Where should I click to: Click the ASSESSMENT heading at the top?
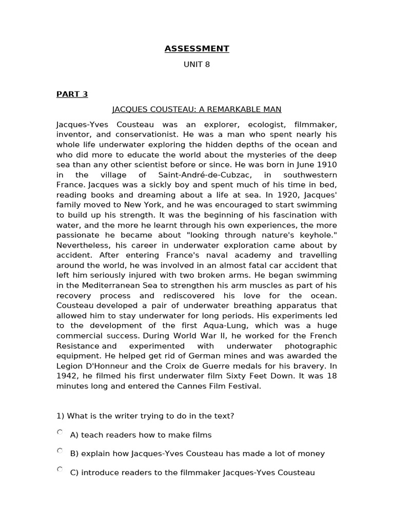(x=196, y=49)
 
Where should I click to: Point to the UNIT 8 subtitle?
(x=196, y=65)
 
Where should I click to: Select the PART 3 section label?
(x=72, y=94)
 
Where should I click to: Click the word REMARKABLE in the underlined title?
(x=226, y=109)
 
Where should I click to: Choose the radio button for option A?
(x=60, y=433)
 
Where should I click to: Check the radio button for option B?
(x=60, y=451)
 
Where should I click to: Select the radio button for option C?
(x=60, y=469)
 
